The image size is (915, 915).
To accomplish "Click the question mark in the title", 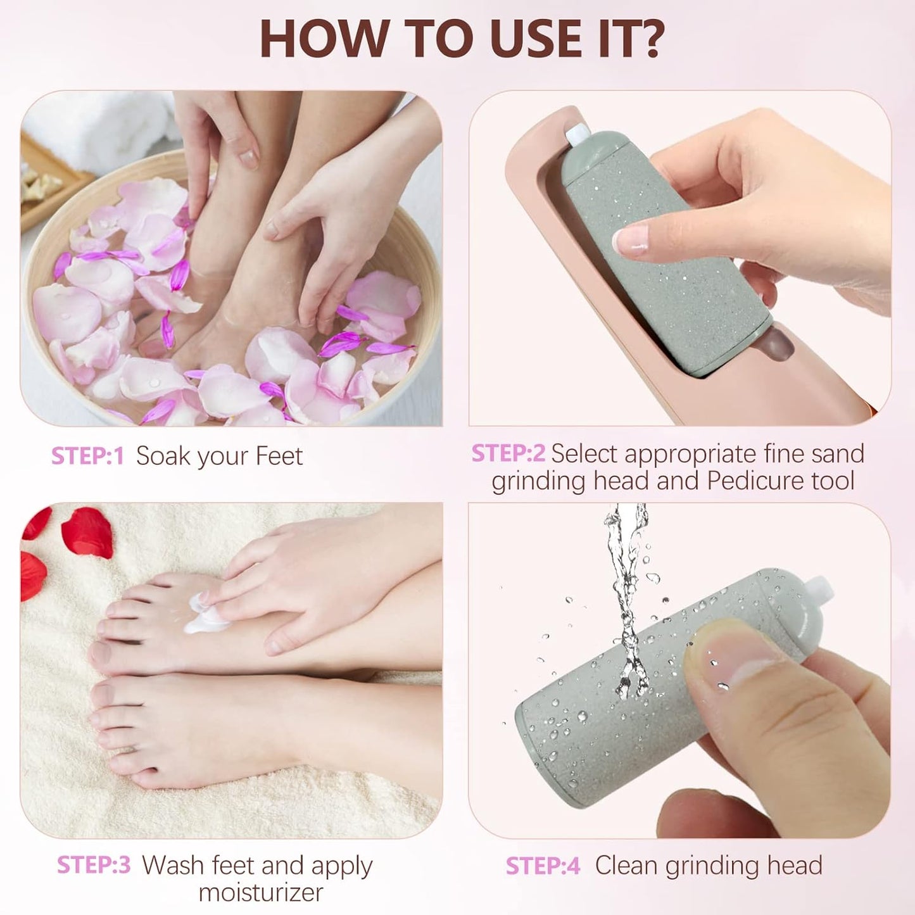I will tap(648, 39).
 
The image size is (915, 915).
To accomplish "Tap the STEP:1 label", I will tap(87, 456).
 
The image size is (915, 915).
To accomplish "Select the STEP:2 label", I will tap(508, 453).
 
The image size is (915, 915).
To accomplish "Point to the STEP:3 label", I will tap(94, 865).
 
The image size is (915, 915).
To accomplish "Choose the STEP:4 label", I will tap(543, 866).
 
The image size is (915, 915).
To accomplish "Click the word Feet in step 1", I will tap(279, 456).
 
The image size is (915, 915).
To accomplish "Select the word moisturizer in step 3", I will tap(261, 892).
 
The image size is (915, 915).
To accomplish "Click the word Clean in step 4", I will tap(626, 866).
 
